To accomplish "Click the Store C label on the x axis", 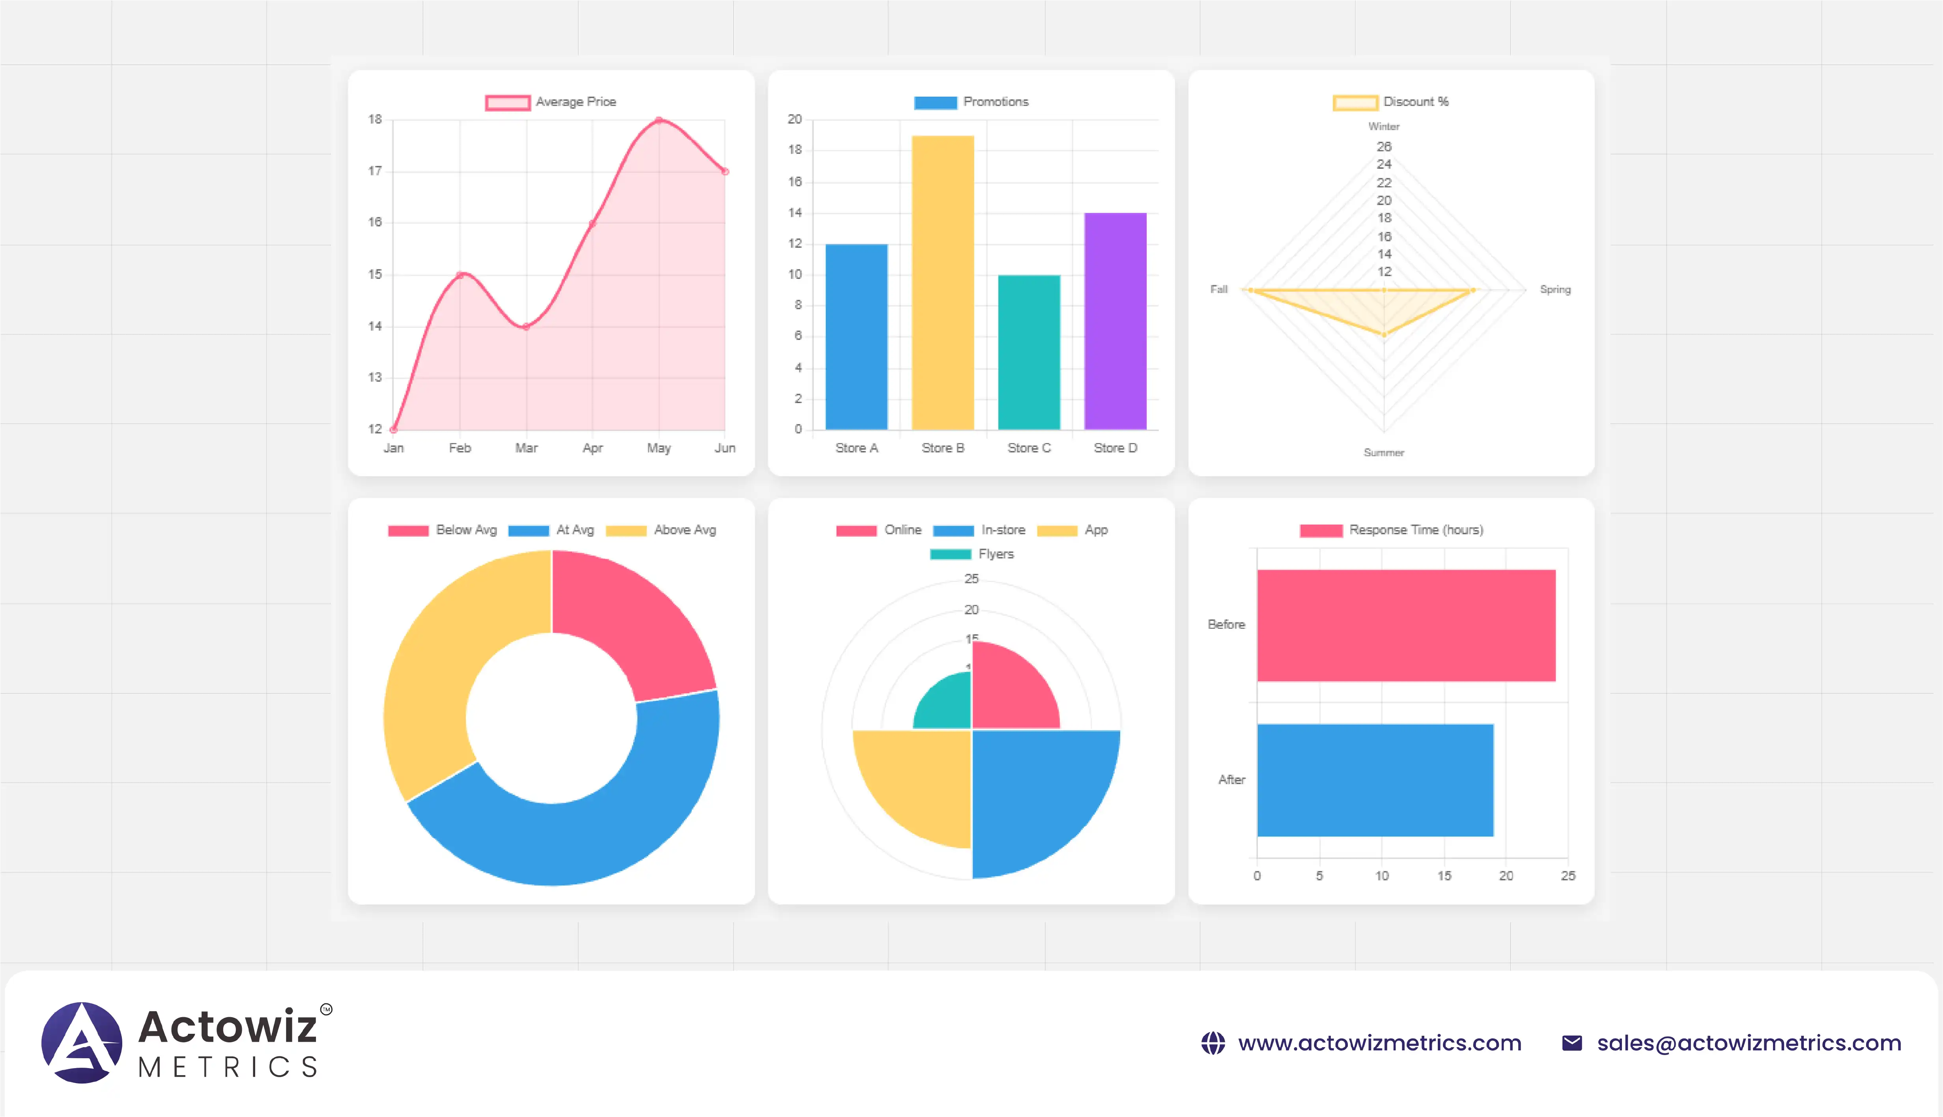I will pyautogui.click(x=1029, y=448).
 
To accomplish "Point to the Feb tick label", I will pyautogui.click(x=460, y=448).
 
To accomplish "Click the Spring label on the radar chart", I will pyautogui.click(x=1555, y=289).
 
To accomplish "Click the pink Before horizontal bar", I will pyautogui.click(x=1405, y=625).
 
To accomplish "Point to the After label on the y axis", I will pyautogui.click(x=1231, y=779).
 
